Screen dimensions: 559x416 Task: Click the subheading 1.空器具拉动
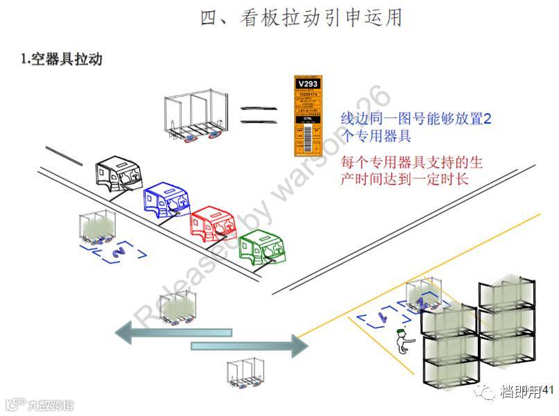click(62, 59)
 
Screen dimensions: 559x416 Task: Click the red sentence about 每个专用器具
click(411, 170)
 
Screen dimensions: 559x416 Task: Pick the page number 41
click(548, 392)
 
